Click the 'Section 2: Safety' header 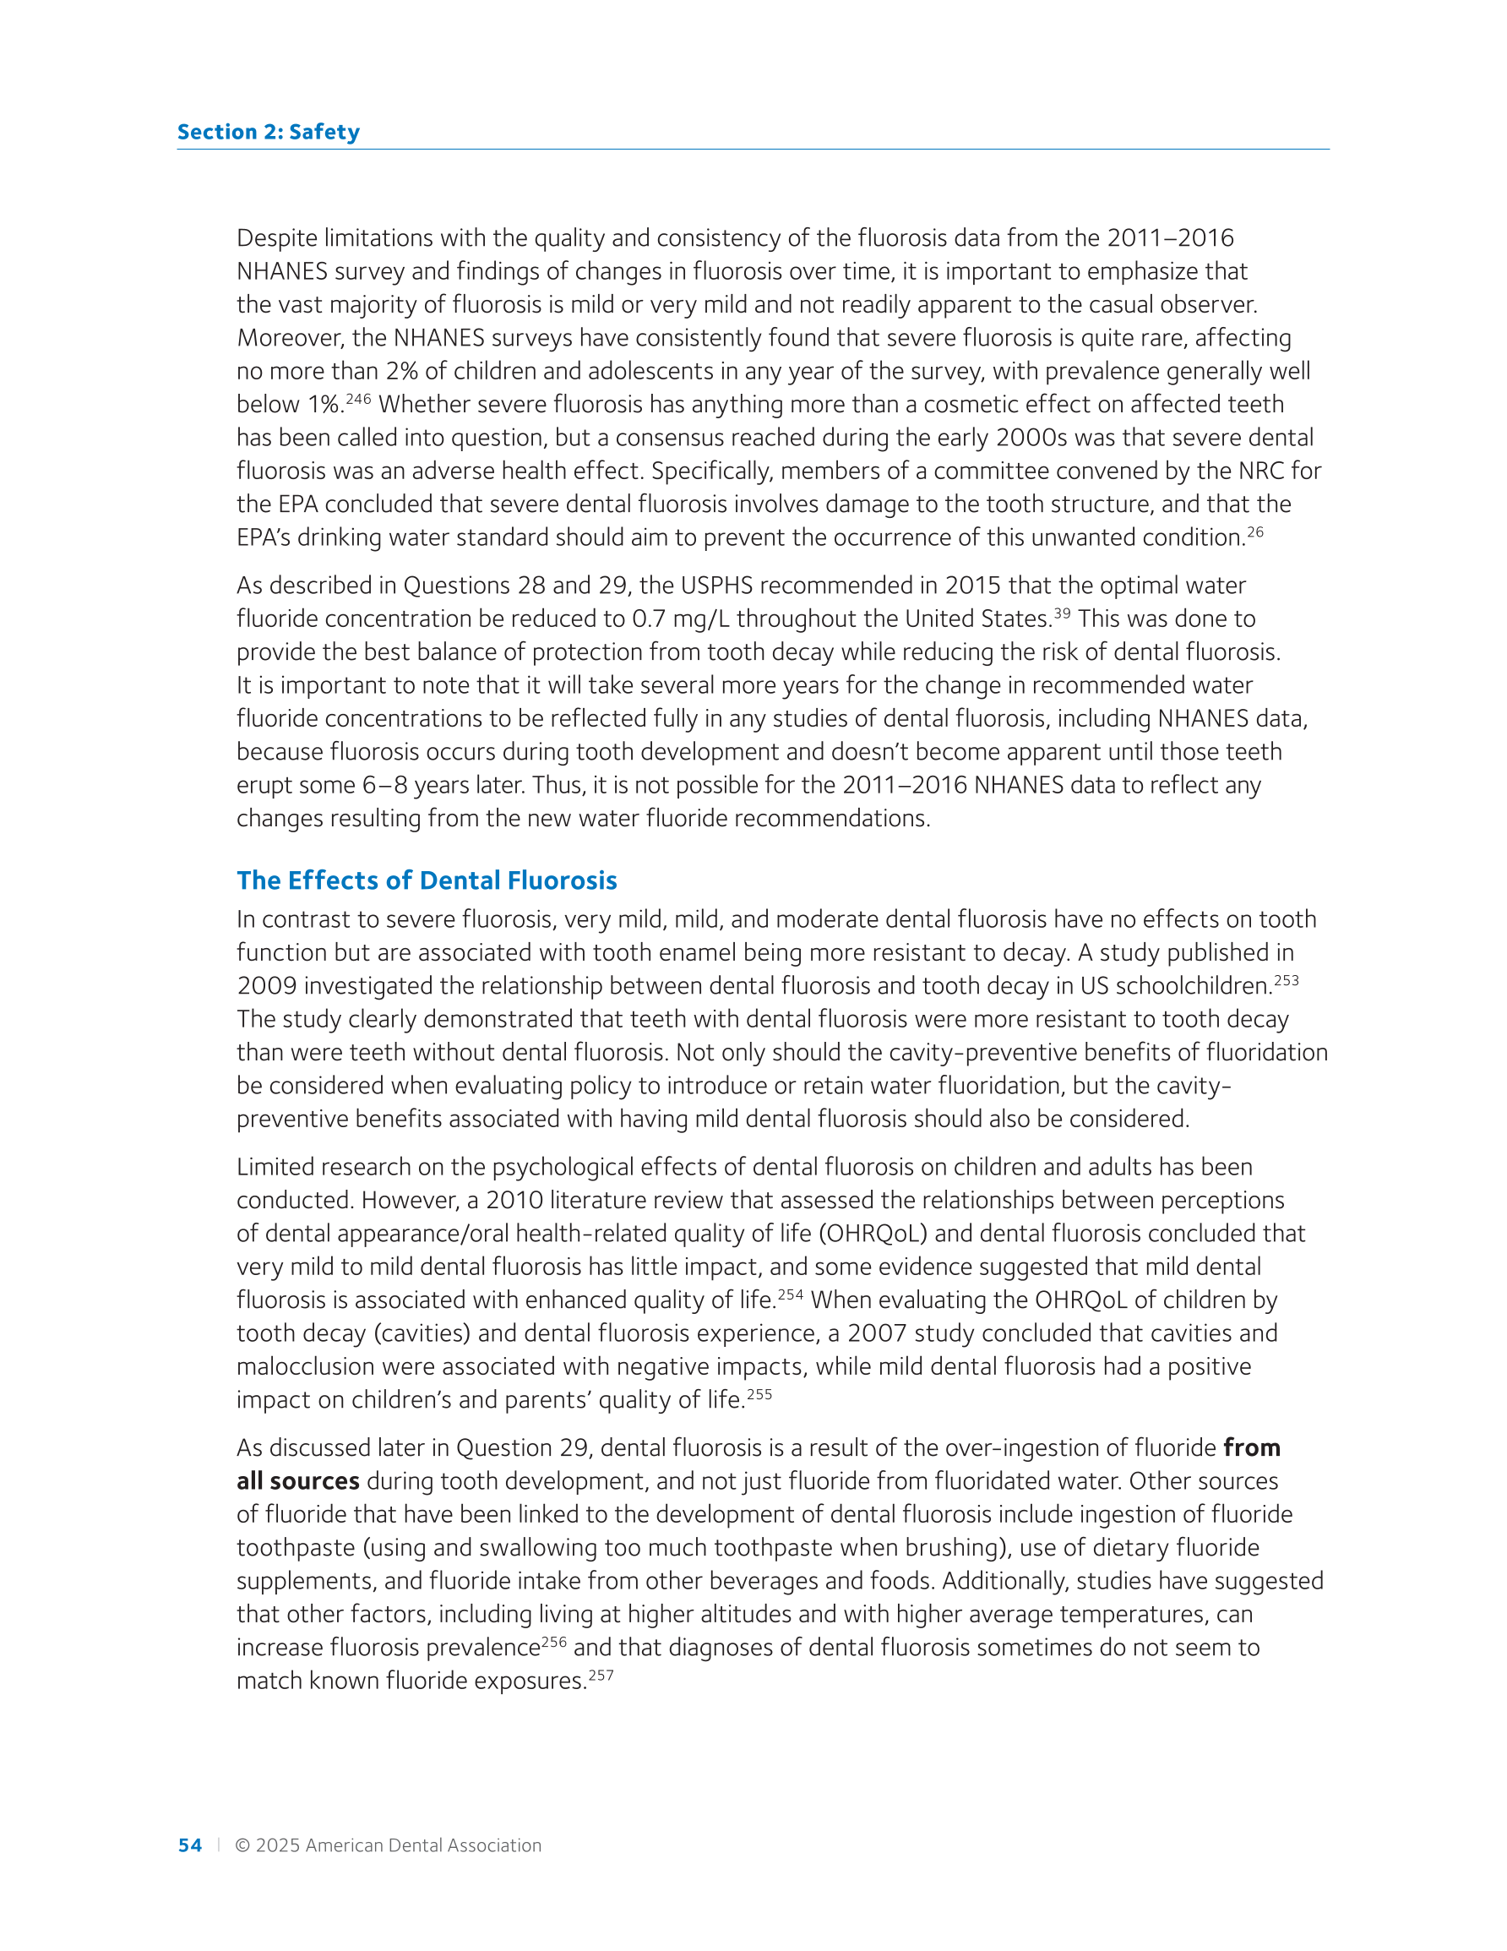pyautogui.click(x=268, y=132)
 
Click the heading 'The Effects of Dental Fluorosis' pyautogui.click(x=426, y=880)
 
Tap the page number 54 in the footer pyautogui.click(x=189, y=1845)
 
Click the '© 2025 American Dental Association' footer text pyautogui.click(x=388, y=1845)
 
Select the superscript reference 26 pyautogui.click(x=1255, y=531)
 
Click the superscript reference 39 pyautogui.click(x=1061, y=613)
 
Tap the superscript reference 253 pyautogui.click(x=1287, y=980)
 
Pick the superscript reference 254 pyautogui.click(x=790, y=1294)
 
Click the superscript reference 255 pyautogui.click(x=759, y=1393)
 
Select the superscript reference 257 pyautogui.click(x=601, y=1675)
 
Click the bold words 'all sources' pyautogui.click(x=297, y=1481)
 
